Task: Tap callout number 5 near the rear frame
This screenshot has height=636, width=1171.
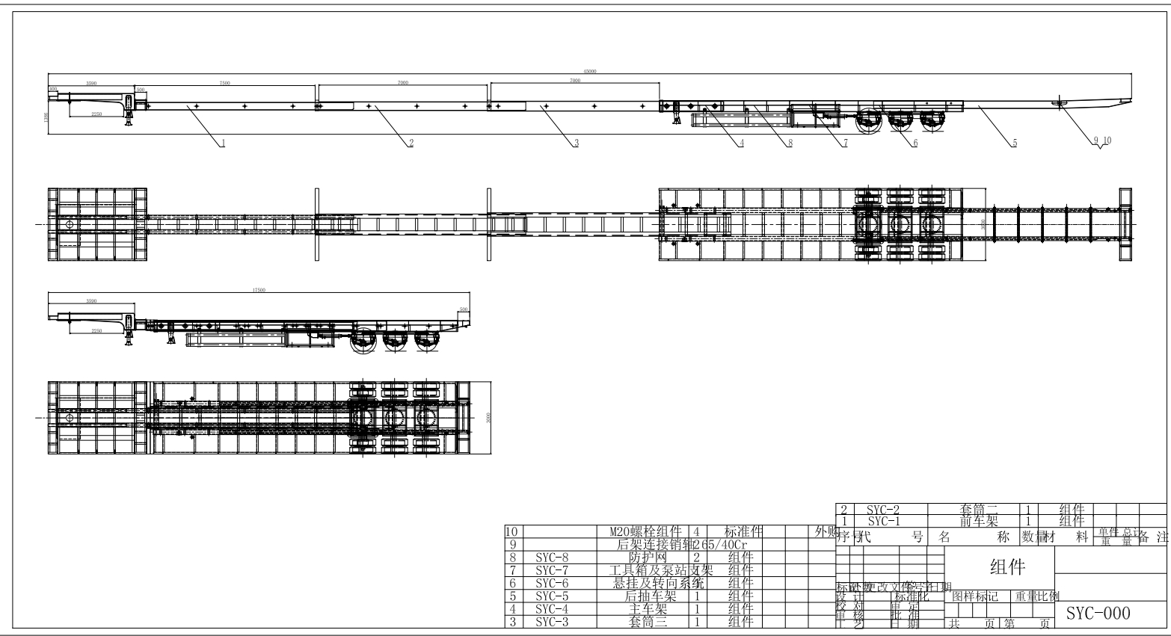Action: tap(1014, 142)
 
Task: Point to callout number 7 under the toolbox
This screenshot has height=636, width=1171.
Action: tap(845, 142)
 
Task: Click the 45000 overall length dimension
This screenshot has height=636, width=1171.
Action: tap(589, 71)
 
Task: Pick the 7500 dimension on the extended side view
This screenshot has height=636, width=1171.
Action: tap(224, 83)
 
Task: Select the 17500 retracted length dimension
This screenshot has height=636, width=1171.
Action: tap(259, 290)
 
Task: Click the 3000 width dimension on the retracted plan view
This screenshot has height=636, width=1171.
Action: tap(488, 417)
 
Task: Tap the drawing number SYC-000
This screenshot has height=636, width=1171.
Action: tap(1098, 614)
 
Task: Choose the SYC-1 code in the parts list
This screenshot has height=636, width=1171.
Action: tap(883, 520)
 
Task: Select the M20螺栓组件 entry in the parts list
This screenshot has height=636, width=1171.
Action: tap(646, 531)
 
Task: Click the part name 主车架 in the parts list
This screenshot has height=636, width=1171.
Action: tap(647, 608)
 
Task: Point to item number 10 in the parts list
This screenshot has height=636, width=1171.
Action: tap(511, 531)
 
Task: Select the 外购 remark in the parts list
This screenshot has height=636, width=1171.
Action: tap(823, 531)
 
